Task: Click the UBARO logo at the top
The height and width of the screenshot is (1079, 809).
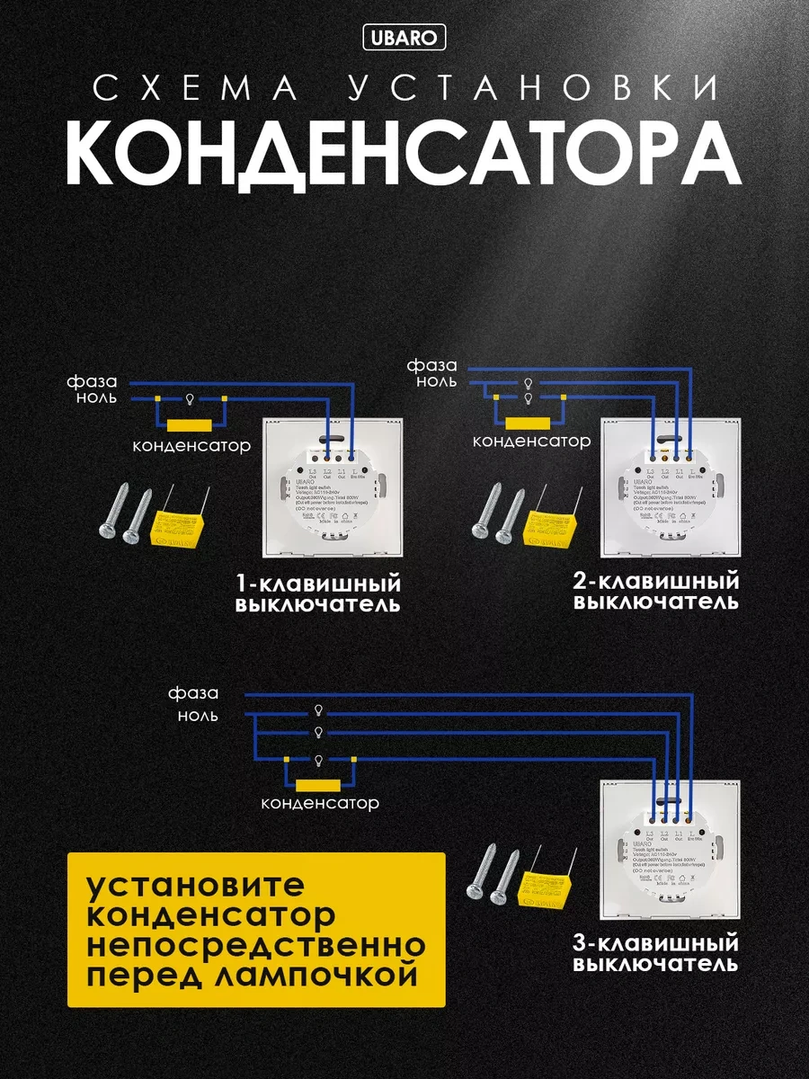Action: coord(404,38)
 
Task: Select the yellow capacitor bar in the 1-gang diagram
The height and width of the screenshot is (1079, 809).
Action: coord(190,425)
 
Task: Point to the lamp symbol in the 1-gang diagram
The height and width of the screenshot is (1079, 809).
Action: coord(191,398)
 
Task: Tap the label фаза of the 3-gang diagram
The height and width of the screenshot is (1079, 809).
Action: coord(193,693)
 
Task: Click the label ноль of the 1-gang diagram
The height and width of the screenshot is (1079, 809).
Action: coord(94,398)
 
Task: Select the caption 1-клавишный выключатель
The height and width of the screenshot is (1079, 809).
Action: coord(317,593)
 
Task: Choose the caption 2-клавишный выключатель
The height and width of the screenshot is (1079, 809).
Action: coord(656,590)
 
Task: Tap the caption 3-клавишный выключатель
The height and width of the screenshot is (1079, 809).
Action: coord(656,954)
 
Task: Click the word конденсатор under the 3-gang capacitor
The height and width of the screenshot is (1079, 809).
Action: coord(320,803)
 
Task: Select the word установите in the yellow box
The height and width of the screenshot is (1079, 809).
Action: coord(196,885)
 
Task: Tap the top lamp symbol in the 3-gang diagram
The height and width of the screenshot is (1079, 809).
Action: coord(318,710)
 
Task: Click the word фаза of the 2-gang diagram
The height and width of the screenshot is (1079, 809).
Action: coord(431,365)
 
